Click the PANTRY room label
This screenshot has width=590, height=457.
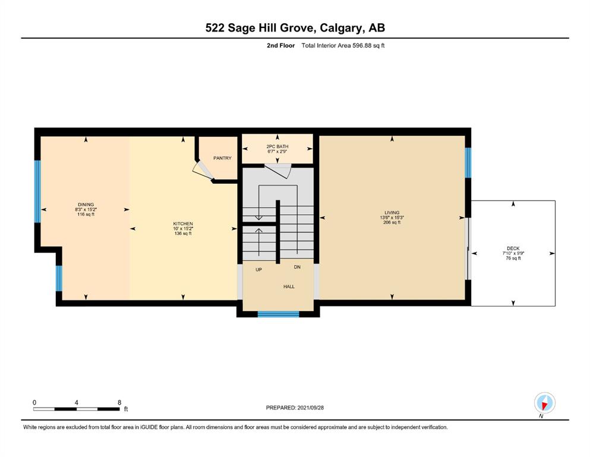point(222,158)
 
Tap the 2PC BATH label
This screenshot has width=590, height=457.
point(277,146)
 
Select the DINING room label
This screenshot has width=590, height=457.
point(86,205)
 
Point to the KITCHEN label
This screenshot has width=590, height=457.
point(183,224)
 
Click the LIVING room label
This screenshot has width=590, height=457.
point(392,212)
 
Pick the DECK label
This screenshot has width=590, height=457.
point(513,248)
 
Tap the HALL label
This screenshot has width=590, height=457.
point(289,287)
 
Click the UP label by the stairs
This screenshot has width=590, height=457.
point(258,270)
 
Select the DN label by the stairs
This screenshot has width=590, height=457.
point(297,267)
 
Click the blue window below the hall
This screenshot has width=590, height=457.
point(278,314)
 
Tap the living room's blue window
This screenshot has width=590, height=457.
point(468,162)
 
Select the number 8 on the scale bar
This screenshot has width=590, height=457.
point(119,402)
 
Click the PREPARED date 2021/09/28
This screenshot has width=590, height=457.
point(310,408)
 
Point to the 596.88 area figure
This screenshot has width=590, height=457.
point(362,46)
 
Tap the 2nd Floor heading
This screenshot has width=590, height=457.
point(280,46)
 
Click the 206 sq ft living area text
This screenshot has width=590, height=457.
point(392,223)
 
